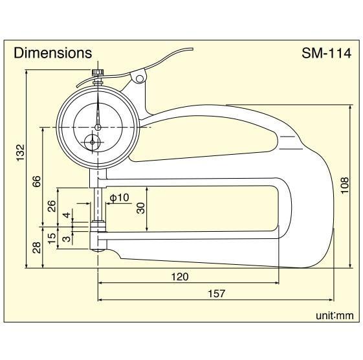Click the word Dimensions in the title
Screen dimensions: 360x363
[x=53, y=53]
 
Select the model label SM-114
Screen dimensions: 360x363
[x=326, y=53]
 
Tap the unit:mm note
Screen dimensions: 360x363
[x=335, y=315]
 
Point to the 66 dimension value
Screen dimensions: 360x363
[x=36, y=181]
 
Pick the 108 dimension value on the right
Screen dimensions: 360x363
[x=344, y=186]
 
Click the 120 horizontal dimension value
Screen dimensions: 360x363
[x=179, y=276]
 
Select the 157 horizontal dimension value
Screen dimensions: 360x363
[x=217, y=293]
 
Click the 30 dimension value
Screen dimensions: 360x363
[x=140, y=208]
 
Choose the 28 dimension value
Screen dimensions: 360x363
[x=36, y=247]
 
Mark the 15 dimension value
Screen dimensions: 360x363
[x=52, y=238]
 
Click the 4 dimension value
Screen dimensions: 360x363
[x=66, y=214]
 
